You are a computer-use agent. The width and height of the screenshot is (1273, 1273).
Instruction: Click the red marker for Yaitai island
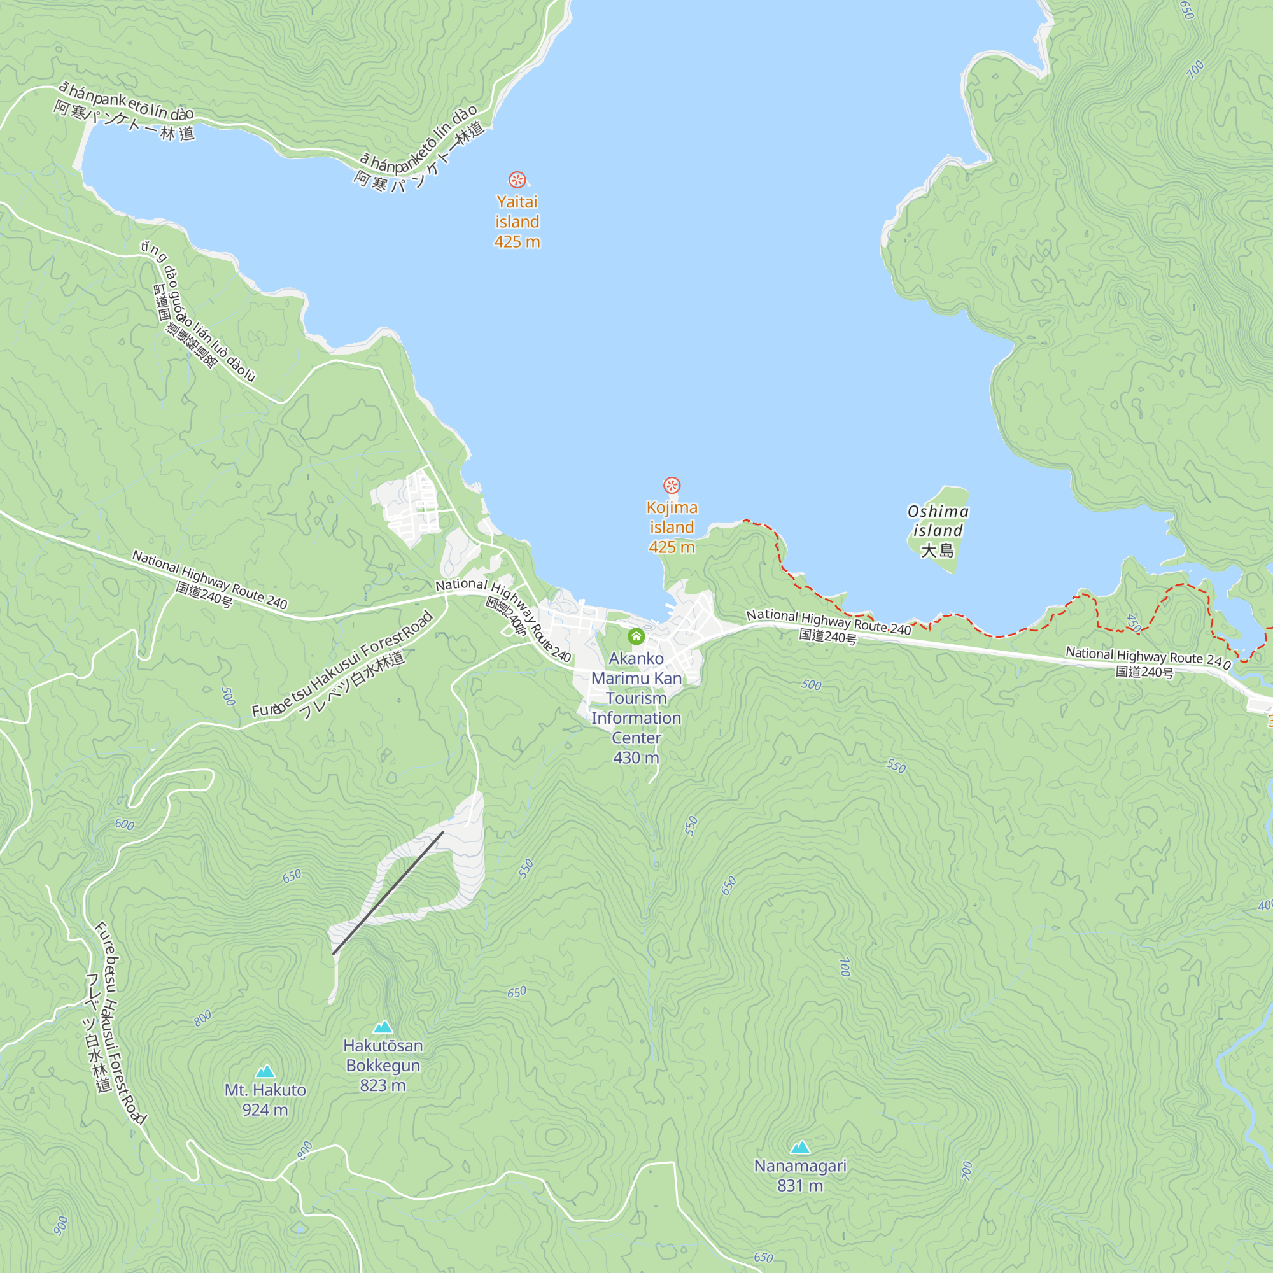[517, 179]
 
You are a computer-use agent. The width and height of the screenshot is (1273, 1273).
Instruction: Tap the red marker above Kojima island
[672, 486]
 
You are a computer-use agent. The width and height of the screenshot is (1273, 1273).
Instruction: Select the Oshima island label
[938, 521]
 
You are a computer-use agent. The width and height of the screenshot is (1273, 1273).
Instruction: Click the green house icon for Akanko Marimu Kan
[636, 636]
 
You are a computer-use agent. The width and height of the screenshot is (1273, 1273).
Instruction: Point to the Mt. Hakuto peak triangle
[265, 1071]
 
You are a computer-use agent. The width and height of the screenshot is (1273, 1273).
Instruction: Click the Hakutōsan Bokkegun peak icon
[383, 1027]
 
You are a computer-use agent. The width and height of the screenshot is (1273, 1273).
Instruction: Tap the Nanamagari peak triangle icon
[800, 1147]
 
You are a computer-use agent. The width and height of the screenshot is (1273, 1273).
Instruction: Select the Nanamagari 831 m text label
[800, 1176]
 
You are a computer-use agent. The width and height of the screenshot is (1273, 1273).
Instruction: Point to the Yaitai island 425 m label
[517, 222]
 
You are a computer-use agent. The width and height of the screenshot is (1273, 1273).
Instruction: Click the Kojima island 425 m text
[672, 527]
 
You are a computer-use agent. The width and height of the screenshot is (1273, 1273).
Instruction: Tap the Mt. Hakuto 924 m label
[265, 1100]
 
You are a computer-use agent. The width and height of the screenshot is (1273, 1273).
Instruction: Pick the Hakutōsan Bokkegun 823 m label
[383, 1065]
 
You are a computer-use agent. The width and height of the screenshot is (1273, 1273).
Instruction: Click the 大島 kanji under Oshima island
[937, 550]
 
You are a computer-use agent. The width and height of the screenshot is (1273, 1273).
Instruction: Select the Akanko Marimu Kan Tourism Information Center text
[636, 708]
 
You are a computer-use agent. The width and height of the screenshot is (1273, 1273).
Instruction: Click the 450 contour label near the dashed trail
[1133, 622]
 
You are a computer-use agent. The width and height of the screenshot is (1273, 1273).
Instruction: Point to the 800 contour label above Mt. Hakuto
[203, 1018]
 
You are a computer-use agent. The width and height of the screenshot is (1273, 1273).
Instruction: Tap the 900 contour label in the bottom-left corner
[60, 1225]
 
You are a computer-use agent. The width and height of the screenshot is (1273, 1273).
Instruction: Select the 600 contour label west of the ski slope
[125, 824]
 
